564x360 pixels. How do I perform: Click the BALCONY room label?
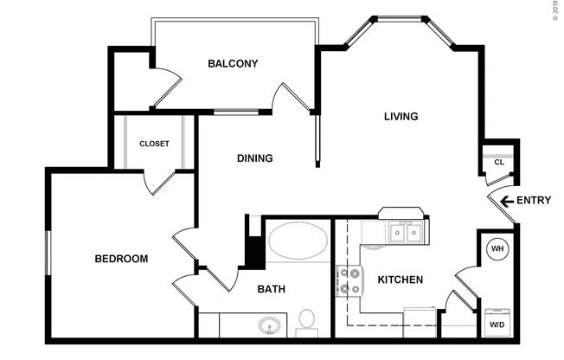(234, 63)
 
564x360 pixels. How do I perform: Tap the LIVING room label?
(401, 116)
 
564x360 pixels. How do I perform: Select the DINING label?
(255, 158)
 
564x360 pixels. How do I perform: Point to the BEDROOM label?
(121, 259)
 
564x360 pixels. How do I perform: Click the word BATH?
(272, 289)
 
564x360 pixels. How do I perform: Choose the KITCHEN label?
(401, 280)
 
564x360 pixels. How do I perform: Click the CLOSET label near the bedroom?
(154, 144)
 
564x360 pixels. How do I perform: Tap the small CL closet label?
(499, 162)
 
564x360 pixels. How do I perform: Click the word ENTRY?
(534, 201)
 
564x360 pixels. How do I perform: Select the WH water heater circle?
(497, 249)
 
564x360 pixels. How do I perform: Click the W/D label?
(497, 325)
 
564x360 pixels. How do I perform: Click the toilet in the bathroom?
(305, 323)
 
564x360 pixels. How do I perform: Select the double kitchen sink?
(405, 232)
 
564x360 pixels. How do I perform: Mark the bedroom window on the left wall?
(48, 255)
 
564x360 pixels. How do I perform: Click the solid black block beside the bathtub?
(253, 251)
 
